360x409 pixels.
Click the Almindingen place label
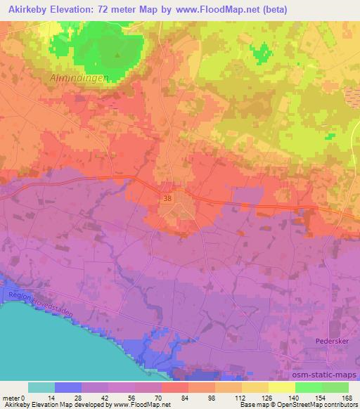pos(79,79)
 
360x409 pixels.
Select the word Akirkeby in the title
pos(32,8)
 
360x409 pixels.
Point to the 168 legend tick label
pos(347,397)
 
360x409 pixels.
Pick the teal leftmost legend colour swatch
pos(41,387)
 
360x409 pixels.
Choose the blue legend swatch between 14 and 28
pos(68,387)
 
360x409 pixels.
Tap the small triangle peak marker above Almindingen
pos(118,56)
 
